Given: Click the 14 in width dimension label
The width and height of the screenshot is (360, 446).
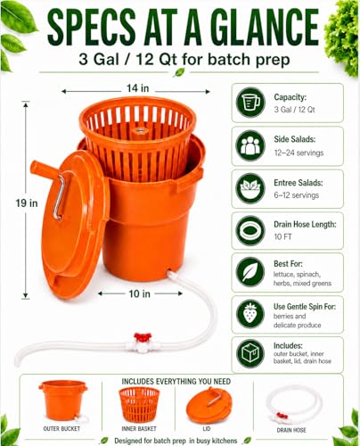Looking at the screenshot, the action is click(137, 88).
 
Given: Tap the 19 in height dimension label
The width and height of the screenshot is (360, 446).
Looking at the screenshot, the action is click(27, 203).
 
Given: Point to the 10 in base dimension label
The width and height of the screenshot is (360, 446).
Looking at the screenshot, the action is click(139, 293).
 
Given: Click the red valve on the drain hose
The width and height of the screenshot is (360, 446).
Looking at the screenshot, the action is click(143, 338).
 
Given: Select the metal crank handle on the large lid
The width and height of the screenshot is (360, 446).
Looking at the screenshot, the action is click(59, 197).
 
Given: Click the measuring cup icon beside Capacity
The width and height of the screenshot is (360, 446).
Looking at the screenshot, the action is click(250, 103).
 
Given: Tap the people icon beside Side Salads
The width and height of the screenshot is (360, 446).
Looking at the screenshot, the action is click(250, 145).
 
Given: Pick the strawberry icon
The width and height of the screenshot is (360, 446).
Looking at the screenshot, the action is click(250, 314).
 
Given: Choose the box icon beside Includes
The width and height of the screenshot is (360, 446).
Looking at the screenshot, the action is click(250, 354).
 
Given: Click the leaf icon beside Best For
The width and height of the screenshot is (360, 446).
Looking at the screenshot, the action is click(250, 272).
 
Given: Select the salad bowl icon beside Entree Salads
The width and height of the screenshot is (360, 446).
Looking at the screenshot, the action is click(250, 188).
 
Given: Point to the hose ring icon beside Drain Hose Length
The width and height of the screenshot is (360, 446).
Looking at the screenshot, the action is click(250, 231).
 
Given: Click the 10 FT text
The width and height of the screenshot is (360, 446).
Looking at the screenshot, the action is click(282, 237).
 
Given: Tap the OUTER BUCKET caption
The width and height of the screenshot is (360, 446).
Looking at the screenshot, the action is click(61, 428).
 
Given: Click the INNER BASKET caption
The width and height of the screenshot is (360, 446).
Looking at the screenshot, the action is click(139, 428).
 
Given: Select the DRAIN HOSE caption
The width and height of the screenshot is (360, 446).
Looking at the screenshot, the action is click(291, 430).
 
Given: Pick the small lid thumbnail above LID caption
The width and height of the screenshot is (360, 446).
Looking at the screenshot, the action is click(208, 405).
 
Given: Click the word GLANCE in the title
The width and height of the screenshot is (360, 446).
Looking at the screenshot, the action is click(266, 28).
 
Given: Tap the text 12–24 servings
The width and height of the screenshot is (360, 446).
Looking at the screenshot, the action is click(299, 153).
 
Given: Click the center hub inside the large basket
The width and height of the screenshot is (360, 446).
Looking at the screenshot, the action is click(138, 132).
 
